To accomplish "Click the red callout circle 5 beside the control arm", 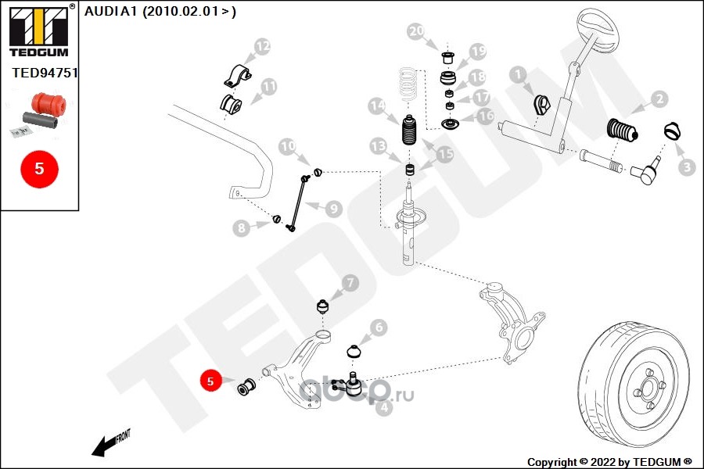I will click(210, 381).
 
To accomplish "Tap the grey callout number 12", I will click(262, 48).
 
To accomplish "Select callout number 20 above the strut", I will click(416, 31).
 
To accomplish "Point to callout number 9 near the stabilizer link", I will click(333, 209).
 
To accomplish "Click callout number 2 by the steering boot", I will click(659, 99).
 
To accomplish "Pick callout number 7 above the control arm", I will click(349, 282).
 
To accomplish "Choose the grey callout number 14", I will click(378, 105).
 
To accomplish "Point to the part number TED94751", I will click(45, 73).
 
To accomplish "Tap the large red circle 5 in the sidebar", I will click(38, 168).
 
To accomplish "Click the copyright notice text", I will click(609, 461).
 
